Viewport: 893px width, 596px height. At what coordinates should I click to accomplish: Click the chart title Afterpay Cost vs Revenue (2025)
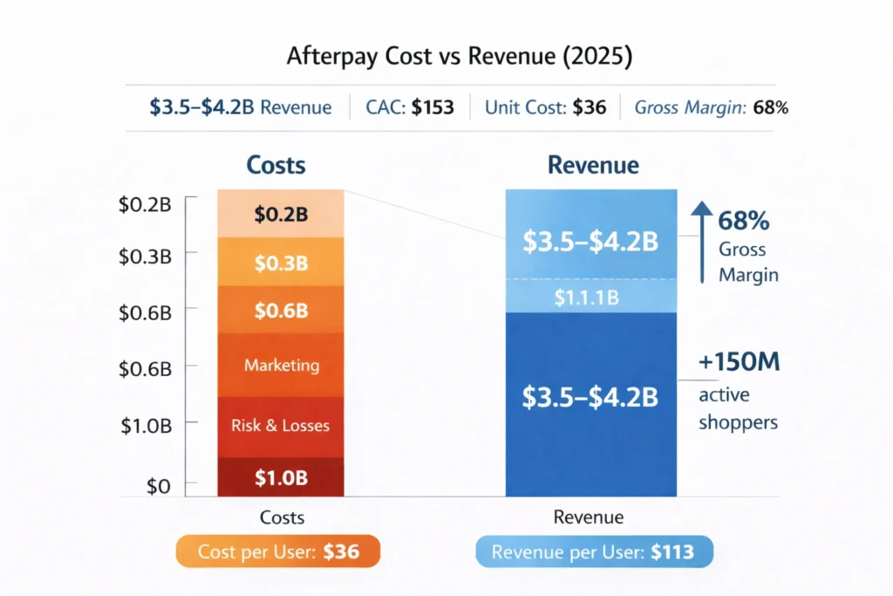click(x=446, y=57)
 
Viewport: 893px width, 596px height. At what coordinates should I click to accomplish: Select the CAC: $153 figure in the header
click(x=409, y=108)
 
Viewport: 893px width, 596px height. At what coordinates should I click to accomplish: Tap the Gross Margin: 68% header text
click(x=712, y=108)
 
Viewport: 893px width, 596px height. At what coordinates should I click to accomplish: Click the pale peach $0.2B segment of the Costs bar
click(x=281, y=214)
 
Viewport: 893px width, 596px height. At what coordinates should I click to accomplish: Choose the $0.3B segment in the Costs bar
click(x=281, y=262)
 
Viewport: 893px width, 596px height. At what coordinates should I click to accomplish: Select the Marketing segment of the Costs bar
click(x=281, y=365)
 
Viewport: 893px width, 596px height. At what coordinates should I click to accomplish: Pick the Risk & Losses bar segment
click(x=281, y=426)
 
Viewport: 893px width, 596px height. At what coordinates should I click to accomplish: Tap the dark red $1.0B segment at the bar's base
click(x=281, y=476)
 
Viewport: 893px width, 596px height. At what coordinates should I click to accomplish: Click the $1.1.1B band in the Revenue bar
click(x=590, y=297)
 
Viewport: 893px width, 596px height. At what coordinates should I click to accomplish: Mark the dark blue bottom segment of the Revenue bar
click(x=590, y=401)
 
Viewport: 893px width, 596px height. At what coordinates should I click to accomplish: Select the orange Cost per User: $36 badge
click(x=279, y=551)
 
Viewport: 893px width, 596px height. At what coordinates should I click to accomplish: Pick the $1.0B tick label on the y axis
click(x=146, y=426)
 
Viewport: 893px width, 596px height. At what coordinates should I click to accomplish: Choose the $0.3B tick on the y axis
click(x=146, y=256)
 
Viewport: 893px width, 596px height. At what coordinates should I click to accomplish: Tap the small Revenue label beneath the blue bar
click(x=589, y=517)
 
